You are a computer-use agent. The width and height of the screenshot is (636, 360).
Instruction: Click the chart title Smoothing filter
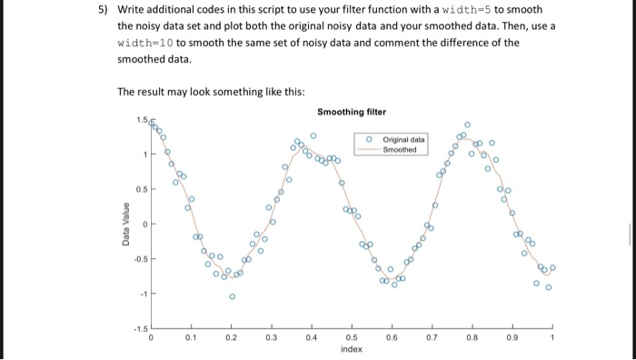point(352,112)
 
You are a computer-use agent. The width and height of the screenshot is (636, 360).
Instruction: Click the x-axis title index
point(352,348)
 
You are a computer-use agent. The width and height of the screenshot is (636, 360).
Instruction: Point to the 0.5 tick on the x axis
point(352,336)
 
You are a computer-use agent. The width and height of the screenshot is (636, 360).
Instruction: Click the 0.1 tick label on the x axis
point(191,336)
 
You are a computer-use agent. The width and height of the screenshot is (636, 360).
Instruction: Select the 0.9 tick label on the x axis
point(512,336)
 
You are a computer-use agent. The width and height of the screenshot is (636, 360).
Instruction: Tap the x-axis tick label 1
point(551,336)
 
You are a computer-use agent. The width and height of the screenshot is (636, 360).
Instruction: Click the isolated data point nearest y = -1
point(232,295)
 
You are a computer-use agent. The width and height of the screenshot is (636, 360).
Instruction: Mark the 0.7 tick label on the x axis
point(432,336)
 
